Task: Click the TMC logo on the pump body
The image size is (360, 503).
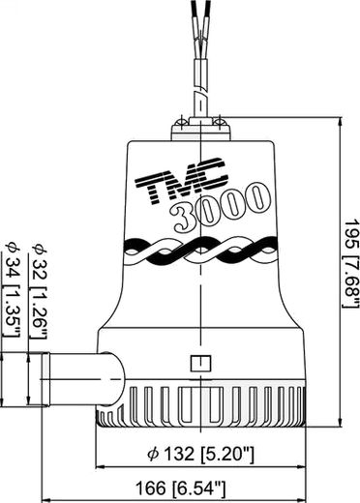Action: coord(181,180)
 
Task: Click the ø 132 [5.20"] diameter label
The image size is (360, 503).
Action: coord(200,454)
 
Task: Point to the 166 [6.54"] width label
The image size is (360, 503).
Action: coord(180,488)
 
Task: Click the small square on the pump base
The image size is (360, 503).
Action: coord(200,364)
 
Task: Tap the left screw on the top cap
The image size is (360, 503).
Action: coord(181,123)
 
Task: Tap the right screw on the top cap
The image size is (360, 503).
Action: coord(221,122)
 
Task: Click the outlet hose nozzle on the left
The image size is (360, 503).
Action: coord(83,379)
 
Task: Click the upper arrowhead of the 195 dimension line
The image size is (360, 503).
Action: coord(340,122)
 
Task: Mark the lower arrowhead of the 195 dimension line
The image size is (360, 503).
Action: coord(340,422)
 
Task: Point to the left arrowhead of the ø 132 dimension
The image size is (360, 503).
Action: coord(101,466)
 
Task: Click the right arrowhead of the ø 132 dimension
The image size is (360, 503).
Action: coord(301,466)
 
